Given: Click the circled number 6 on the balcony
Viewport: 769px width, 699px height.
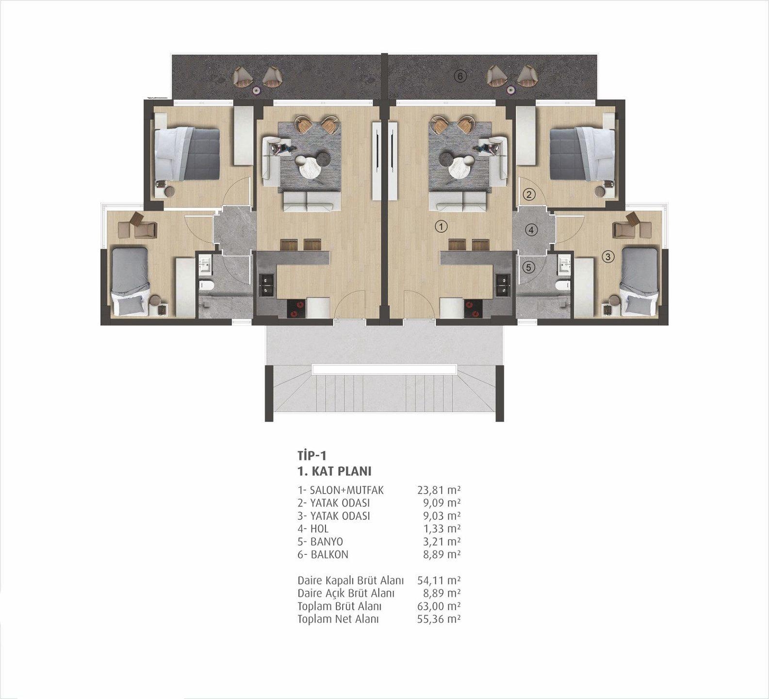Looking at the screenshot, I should click(x=460, y=76).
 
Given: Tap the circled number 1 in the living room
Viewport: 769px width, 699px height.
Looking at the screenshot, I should click(x=441, y=226).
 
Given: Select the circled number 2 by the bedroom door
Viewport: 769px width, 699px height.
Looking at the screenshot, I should click(x=529, y=195).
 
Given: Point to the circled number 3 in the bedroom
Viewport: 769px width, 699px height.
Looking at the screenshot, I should click(x=608, y=257).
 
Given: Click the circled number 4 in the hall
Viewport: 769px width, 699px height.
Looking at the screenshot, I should click(x=532, y=230).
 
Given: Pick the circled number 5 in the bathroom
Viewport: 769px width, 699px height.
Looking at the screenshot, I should click(x=529, y=267).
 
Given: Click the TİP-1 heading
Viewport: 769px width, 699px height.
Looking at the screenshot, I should click(x=311, y=455).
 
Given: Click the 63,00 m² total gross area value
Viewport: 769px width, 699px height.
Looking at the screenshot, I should click(x=439, y=606).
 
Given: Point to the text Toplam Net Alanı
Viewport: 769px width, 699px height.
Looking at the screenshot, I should click(x=338, y=619).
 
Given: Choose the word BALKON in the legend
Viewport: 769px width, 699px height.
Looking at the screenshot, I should click(x=329, y=554).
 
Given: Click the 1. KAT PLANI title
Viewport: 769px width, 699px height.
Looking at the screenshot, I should click(x=334, y=471).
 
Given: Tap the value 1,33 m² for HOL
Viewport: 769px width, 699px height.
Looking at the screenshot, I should click(x=441, y=529).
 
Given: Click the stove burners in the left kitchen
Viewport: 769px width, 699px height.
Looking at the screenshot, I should click(x=295, y=309).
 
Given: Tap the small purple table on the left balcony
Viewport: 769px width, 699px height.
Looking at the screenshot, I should click(x=256, y=89).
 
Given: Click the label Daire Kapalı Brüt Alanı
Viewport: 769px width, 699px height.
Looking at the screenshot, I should click(x=350, y=580).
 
